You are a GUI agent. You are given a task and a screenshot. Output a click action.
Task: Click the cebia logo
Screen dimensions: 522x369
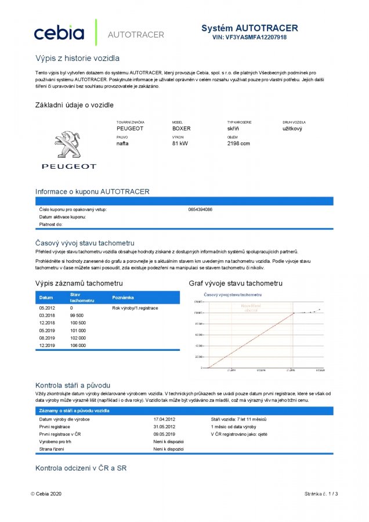tap(59, 33)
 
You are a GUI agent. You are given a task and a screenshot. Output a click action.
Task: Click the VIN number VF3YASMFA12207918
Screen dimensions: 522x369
tap(249, 37)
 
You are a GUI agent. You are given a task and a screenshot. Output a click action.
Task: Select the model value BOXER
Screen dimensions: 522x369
tap(181, 128)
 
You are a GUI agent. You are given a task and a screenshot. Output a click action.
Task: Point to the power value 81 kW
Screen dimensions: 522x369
tap(180, 143)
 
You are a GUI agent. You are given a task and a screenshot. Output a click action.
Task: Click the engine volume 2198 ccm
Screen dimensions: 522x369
tap(238, 143)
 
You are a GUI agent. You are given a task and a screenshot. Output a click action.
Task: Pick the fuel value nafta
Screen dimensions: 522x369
tap(124, 143)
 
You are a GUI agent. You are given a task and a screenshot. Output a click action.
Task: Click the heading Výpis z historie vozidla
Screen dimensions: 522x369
tap(77, 59)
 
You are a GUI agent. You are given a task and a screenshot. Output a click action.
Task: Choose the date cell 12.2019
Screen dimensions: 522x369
tap(46, 345)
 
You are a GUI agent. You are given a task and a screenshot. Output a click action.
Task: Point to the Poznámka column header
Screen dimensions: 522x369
tap(122, 297)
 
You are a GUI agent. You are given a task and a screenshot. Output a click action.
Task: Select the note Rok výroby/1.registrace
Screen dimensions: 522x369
tap(135, 307)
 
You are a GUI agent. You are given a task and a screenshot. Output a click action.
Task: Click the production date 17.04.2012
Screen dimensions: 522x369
tap(164, 418)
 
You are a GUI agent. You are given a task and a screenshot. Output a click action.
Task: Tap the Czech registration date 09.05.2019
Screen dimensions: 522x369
tap(164, 433)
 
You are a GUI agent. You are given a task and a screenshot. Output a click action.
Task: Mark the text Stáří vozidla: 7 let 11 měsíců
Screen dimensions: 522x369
tap(238, 418)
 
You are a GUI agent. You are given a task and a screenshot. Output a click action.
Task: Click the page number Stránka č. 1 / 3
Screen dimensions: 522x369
tap(321, 494)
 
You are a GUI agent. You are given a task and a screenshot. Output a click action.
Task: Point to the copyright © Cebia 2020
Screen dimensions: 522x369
tap(46, 494)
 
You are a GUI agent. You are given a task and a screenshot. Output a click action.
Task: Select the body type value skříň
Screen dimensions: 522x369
tap(234, 128)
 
